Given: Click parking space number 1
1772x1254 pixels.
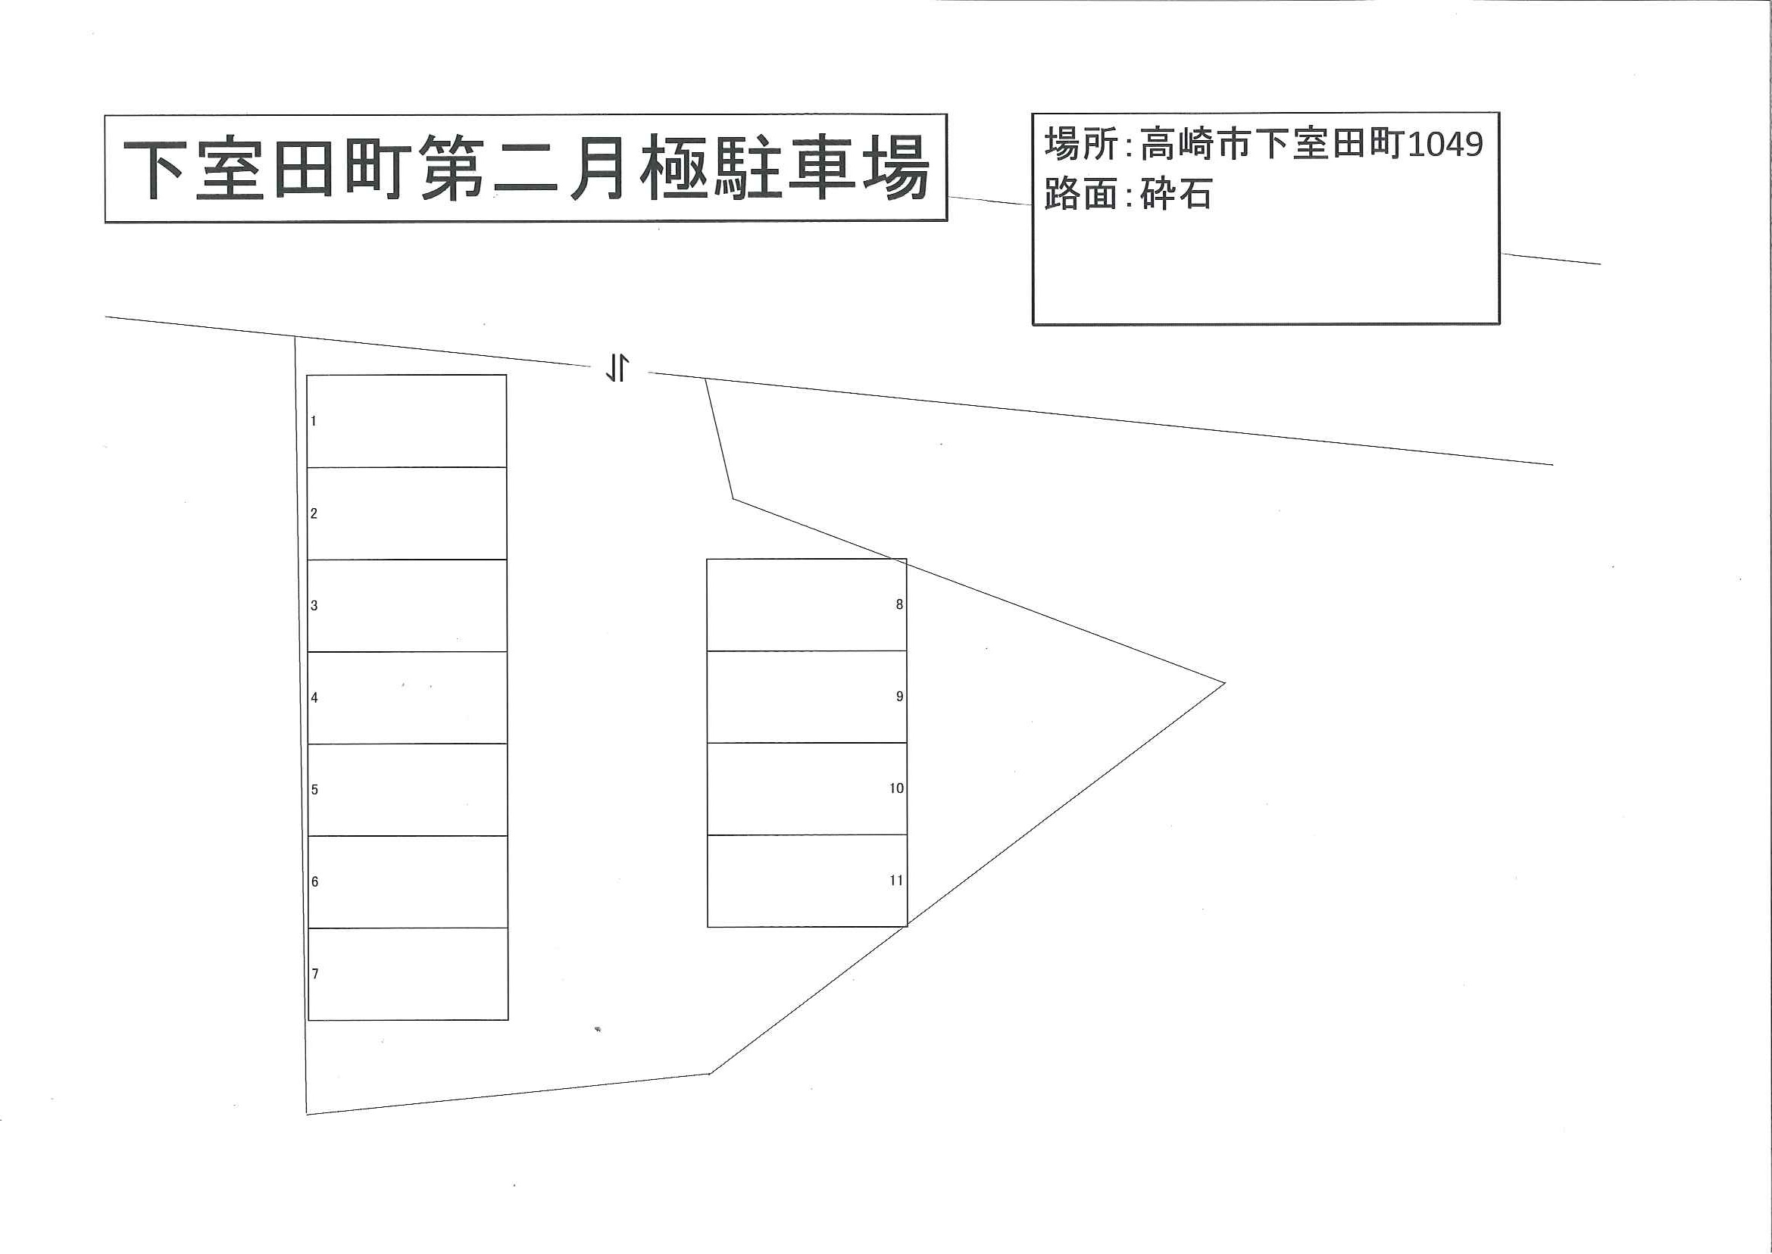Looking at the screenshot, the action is coord(407,421).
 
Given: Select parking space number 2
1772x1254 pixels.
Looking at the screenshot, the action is coord(407,513).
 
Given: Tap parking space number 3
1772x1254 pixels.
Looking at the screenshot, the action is coord(407,605).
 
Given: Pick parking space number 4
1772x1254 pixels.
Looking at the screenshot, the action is coord(407,698).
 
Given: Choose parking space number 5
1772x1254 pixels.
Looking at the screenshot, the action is coord(408,790).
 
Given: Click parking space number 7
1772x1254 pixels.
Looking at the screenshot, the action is coord(408,974).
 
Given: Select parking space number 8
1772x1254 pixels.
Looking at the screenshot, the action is coord(806,604).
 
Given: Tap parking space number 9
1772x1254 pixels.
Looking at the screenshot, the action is coord(806,697).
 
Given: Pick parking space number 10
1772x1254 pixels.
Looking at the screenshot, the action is coord(807,788).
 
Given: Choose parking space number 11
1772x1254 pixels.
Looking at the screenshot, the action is coord(807,880).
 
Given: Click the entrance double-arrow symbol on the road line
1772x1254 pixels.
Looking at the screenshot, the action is coord(617,368).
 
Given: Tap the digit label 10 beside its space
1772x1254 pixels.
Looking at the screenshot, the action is coord(896,788).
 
